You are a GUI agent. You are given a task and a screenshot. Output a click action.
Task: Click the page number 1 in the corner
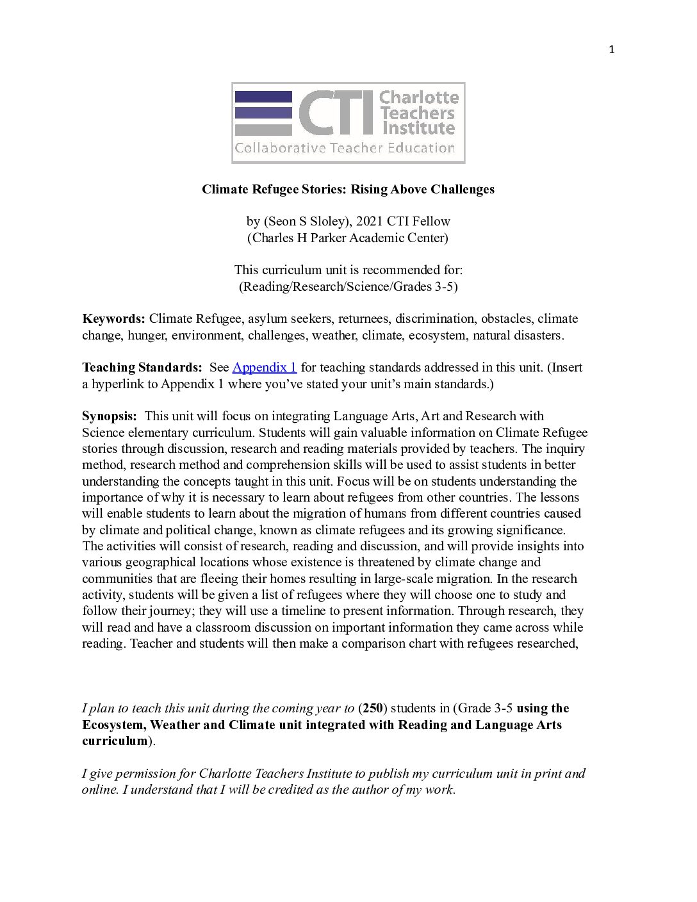coord(611,50)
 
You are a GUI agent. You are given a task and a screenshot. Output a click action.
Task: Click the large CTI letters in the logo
coord(336,113)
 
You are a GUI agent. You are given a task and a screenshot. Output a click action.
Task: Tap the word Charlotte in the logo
coord(419,97)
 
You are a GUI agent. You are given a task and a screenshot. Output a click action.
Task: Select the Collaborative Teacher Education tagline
coord(345,148)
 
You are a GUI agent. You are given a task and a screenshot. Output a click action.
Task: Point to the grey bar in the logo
coord(263,129)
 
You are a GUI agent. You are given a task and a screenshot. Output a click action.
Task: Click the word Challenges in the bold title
coord(463,189)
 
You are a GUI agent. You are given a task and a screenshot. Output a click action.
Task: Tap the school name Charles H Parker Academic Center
coord(348,238)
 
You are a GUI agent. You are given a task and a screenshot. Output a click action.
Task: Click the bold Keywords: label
coord(113,318)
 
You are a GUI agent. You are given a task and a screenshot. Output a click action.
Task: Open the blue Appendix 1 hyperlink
coord(265,367)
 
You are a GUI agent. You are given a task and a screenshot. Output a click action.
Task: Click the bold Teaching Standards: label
coord(142,367)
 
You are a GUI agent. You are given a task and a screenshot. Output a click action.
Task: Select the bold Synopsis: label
coord(110,416)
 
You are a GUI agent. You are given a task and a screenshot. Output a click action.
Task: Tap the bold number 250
coord(373,708)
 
